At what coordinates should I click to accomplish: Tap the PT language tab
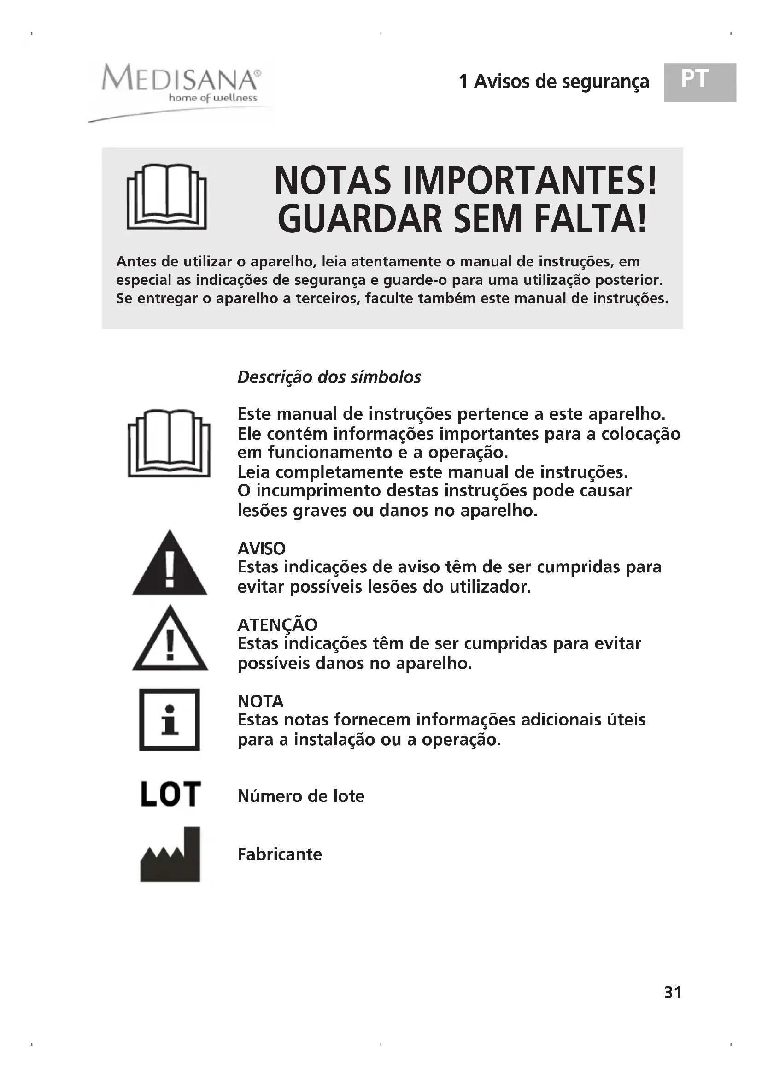tap(699, 82)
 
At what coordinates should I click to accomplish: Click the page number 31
tap(672, 992)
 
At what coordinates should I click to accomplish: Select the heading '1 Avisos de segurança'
tap(554, 82)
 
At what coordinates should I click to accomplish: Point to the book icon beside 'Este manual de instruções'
tap(169, 443)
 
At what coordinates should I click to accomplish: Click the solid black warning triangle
tap(170, 564)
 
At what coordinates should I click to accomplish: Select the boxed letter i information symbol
tap(170, 719)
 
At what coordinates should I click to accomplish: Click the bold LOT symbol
tap(170, 794)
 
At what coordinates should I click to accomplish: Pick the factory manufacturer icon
tap(170, 854)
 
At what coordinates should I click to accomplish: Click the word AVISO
tap(261, 548)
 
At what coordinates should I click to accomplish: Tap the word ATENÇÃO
tap(277, 625)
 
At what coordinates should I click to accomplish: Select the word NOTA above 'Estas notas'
tap(260, 701)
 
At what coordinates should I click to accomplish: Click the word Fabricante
tap(280, 854)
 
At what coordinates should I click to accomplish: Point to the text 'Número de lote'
tap(301, 796)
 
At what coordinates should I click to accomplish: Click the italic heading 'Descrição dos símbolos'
tap(329, 377)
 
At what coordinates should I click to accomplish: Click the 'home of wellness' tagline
tap(213, 98)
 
